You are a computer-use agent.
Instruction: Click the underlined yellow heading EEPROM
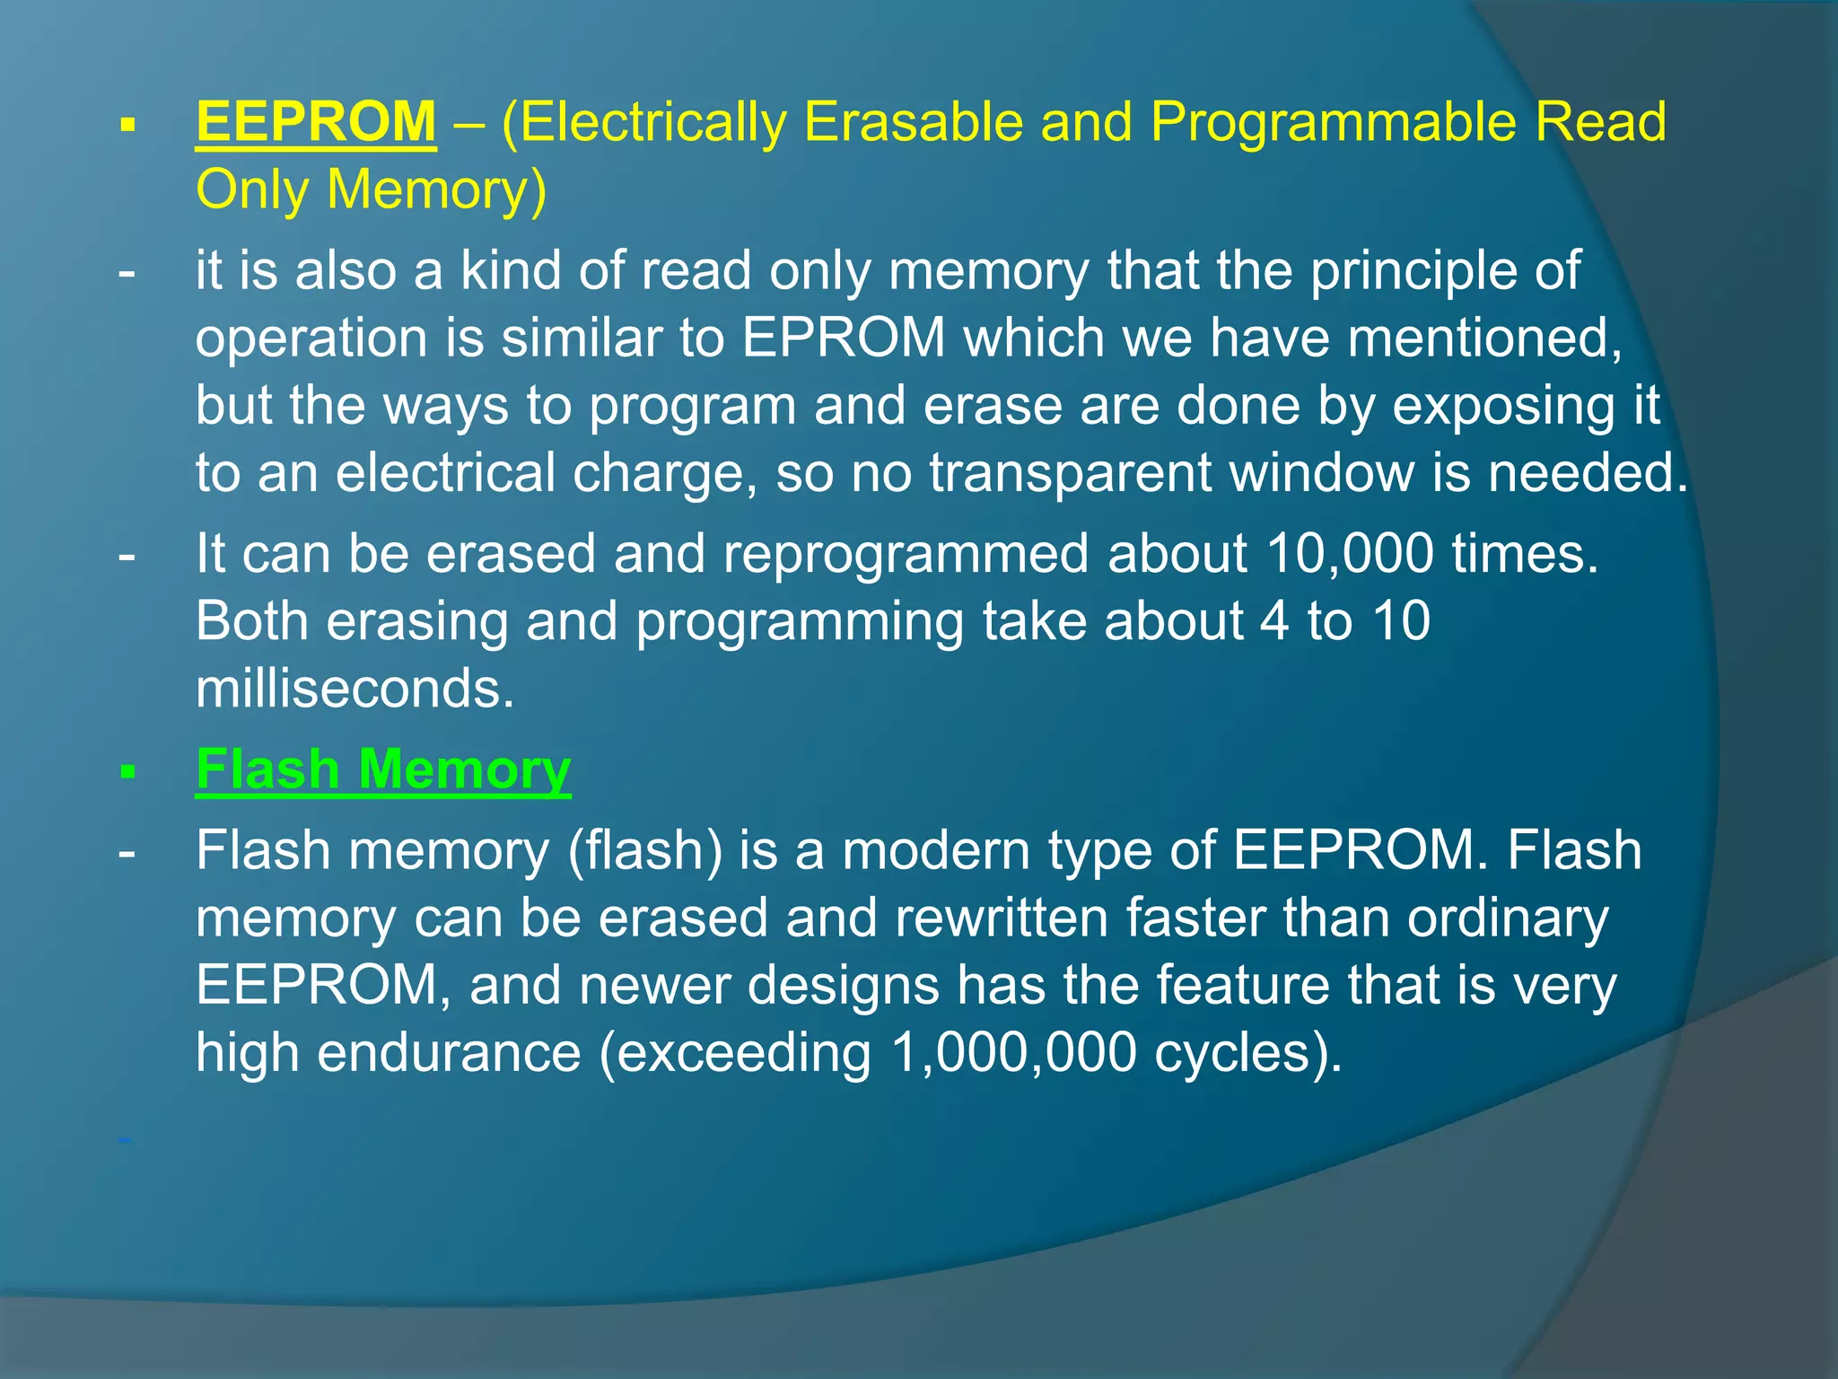316,122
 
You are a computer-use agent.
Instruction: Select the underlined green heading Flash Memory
383,770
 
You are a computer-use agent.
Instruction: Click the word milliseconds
355,689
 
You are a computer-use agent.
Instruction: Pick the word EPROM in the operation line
844,338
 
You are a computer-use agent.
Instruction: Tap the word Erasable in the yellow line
913,122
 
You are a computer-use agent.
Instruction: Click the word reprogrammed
906,553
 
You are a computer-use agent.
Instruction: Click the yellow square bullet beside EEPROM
127,125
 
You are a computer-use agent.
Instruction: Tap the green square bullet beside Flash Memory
127,772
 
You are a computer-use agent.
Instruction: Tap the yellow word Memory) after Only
436,190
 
